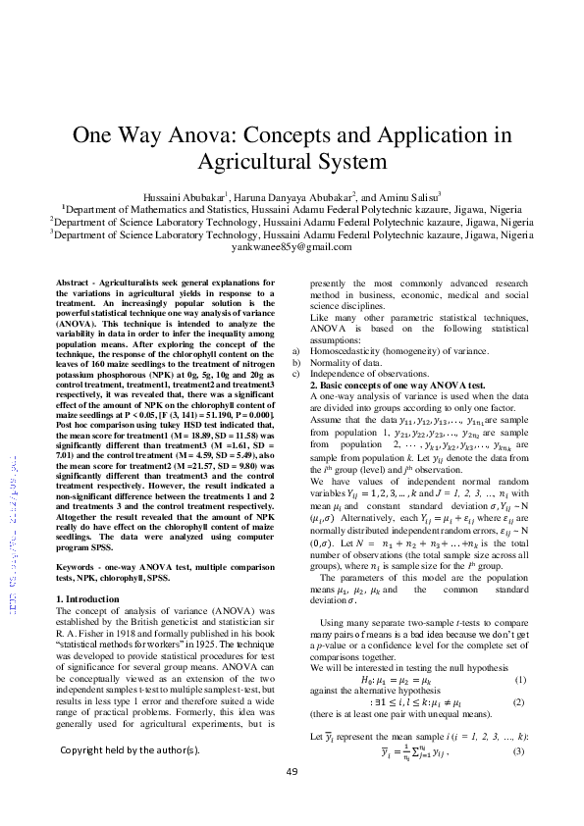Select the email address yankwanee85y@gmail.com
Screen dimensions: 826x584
point(292,248)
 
